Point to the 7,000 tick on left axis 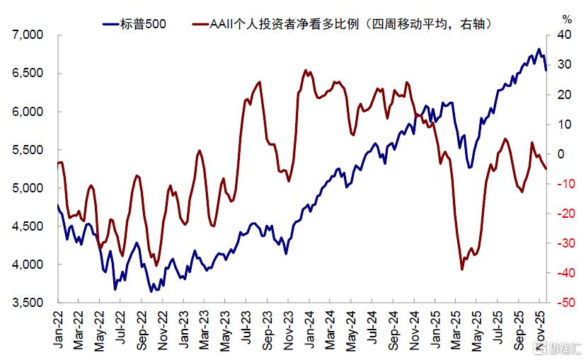[x=28, y=35]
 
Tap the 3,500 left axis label [x=28, y=303]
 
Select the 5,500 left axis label [x=28, y=150]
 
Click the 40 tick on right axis [x=563, y=35]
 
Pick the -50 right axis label [x=563, y=303]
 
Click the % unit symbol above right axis [x=566, y=18]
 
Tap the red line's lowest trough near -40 [x=462, y=269]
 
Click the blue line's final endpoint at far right [x=545, y=70]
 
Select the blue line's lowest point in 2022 [x=151, y=291]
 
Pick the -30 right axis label [x=563, y=243]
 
